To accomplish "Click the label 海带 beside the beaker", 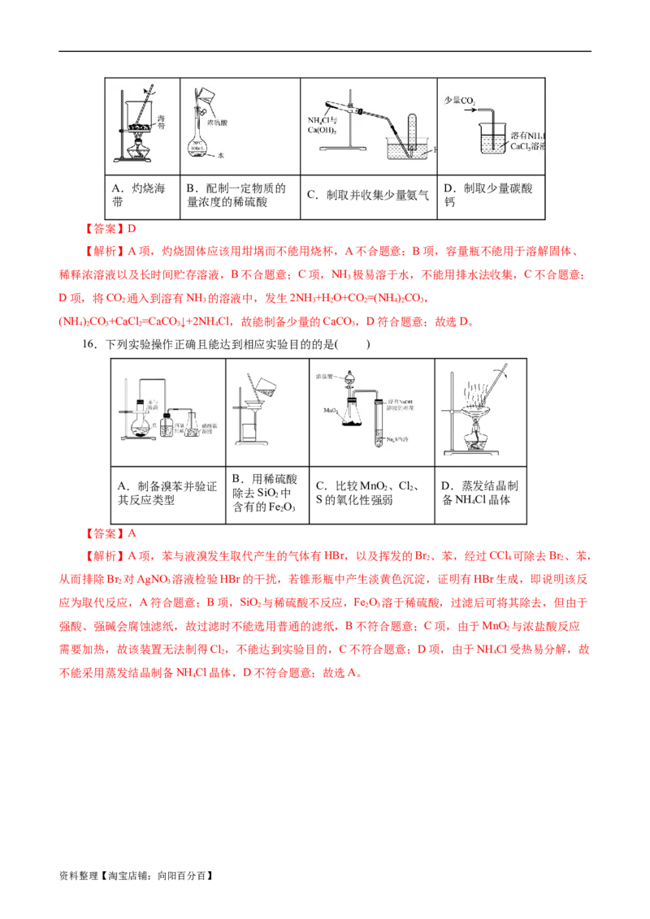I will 162,123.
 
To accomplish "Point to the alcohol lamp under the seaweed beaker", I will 140,151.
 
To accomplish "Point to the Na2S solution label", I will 399,438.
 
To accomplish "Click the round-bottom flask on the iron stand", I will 137,425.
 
